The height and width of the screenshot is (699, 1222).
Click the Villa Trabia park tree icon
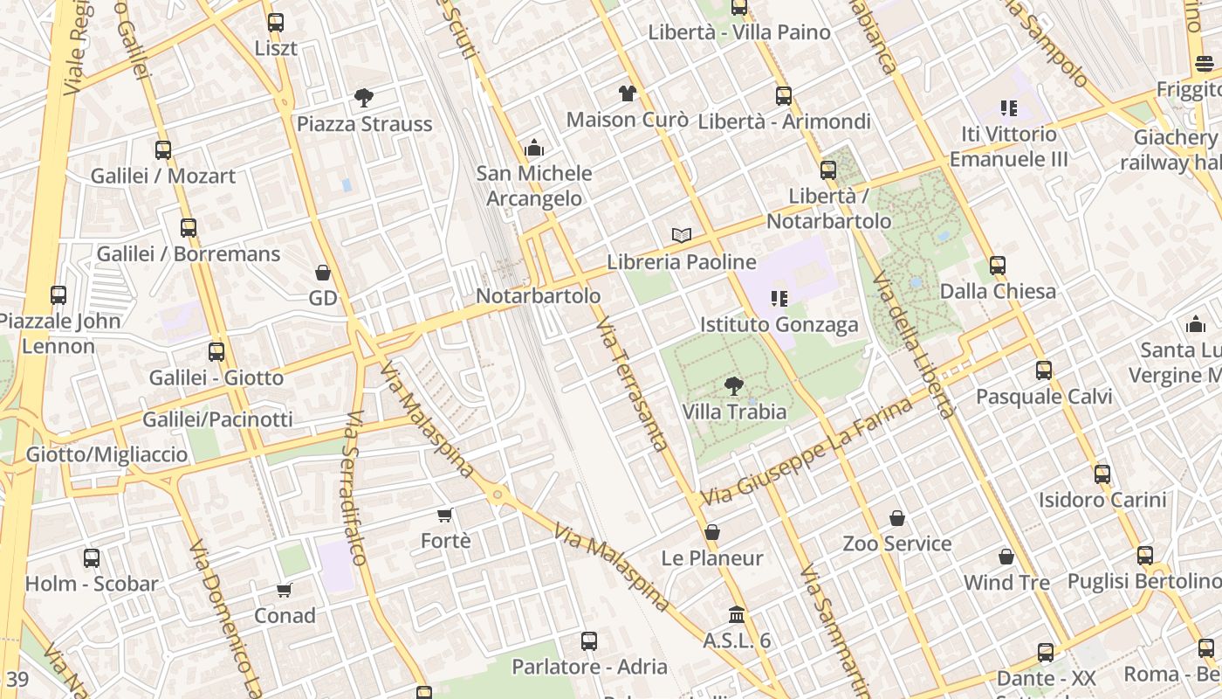point(734,385)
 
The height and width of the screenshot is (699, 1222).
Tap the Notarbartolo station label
point(538,296)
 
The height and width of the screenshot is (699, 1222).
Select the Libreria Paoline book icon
point(682,235)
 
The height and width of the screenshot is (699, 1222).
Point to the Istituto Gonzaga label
point(779,325)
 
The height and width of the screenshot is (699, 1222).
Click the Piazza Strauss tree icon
point(364,98)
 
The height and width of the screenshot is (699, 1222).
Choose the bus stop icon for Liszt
point(276,23)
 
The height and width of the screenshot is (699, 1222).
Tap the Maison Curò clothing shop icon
point(627,93)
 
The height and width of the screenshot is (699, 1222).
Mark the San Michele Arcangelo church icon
point(534,148)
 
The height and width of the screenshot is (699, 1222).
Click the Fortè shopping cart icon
point(445,516)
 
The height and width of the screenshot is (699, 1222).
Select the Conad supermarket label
point(285,616)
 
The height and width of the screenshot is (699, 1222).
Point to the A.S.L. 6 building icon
point(737,614)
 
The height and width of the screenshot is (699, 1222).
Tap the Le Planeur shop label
point(712,558)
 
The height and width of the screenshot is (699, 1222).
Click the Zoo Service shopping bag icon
point(897,518)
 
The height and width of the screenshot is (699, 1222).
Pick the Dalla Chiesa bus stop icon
point(998,265)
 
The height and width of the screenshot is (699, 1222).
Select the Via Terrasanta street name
point(632,384)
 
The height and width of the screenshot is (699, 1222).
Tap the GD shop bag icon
point(323,273)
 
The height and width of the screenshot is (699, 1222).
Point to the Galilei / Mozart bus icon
point(163,150)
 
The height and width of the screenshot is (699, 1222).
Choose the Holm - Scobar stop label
point(92,584)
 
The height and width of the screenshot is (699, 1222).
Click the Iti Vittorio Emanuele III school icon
point(1009,108)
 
